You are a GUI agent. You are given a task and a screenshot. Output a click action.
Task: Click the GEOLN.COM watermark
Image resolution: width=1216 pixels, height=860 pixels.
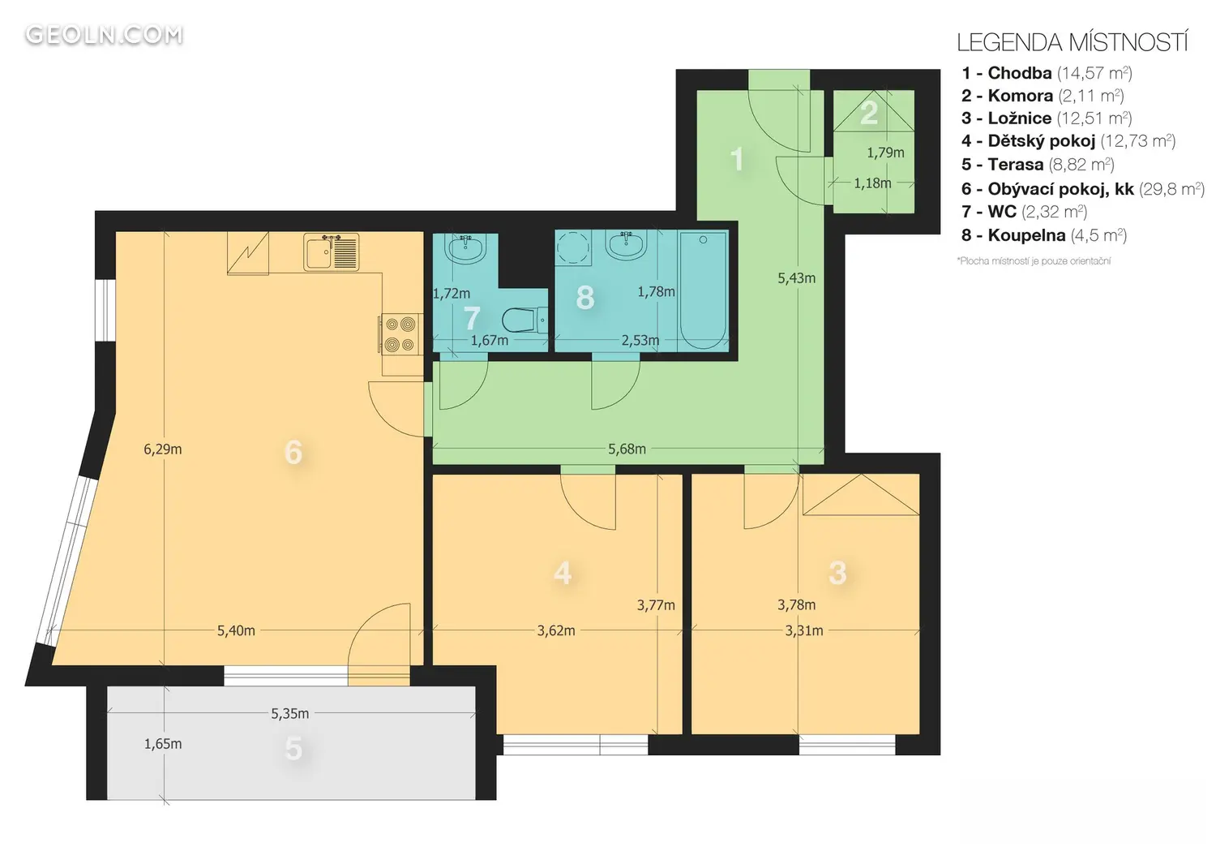pyautogui.click(x=105, y=36)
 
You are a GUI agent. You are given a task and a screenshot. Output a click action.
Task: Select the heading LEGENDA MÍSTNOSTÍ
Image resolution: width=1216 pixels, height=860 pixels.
pyautogui.click(x=1073, y=43)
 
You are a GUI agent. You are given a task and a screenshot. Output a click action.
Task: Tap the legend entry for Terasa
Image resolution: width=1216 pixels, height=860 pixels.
pyautogui.click(x=1038, y=164)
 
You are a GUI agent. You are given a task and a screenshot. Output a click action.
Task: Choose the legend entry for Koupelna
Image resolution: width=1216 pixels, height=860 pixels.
pyautogui.click(x=1044, y=235)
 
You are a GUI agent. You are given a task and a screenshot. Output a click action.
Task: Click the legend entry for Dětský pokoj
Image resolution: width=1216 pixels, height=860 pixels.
pyautogui.click(x=1068, y=140)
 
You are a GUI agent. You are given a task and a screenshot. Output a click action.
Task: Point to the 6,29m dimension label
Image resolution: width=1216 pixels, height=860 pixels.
pyautogui.click(x=162, y=449)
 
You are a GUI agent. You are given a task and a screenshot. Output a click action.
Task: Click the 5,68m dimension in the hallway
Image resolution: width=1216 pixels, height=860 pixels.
pyautogui.click(x=627, y=449)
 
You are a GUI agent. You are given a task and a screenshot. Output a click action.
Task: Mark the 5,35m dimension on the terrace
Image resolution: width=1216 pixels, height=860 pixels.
pyautogui.click(x=290, y=713)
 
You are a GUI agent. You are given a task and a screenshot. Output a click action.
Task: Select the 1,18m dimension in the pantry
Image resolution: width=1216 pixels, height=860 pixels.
pyautogui.click(x=872, y=183)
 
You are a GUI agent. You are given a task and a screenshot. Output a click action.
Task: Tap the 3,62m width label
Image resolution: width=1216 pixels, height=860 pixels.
pyautogui.click(x=556, y=630)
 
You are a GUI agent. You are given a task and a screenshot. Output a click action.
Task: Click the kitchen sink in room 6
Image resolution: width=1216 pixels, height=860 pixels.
pyautogui.click(x=331, y=252)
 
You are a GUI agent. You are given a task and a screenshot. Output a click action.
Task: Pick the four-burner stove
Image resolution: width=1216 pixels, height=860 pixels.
pyautogui.click(x=400, y=334)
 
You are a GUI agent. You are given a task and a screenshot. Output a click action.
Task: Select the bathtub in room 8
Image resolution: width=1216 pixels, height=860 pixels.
pyautogui.click(x=703, y=290)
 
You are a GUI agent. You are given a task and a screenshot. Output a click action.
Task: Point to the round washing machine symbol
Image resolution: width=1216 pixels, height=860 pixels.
pyautogui.click(x=573, y=248)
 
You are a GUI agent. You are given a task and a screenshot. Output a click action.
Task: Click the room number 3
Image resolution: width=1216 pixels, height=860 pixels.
pyautogui.click(x=837, y=573)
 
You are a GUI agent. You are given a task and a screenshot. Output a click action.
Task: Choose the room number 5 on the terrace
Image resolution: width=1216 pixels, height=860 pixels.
pyautogui.click(x=293, y=749)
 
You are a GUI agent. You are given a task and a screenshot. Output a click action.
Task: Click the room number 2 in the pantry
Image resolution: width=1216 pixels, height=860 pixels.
pyautogui.click(x=869, y=113)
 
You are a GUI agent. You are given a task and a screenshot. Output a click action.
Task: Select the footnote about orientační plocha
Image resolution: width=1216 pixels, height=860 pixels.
pyautogui.click(x=1034, y=260)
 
